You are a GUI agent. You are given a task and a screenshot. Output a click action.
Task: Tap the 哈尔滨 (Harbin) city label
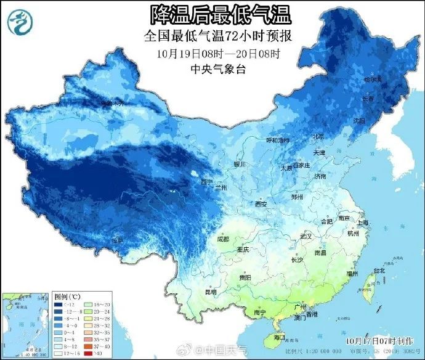pyautogui.click(x=373, y=80)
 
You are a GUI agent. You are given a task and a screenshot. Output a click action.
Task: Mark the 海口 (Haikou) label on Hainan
pyautogui.click(x=278, y=337)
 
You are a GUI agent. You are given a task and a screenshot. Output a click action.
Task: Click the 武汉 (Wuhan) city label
pyautogui.click(x=307, y=236)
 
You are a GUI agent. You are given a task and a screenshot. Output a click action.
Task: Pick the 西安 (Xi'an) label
pyautogui.click(x=261, y=204)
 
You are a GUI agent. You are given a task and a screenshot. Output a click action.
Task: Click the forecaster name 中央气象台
pyautogui.click(x=219, y=69)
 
